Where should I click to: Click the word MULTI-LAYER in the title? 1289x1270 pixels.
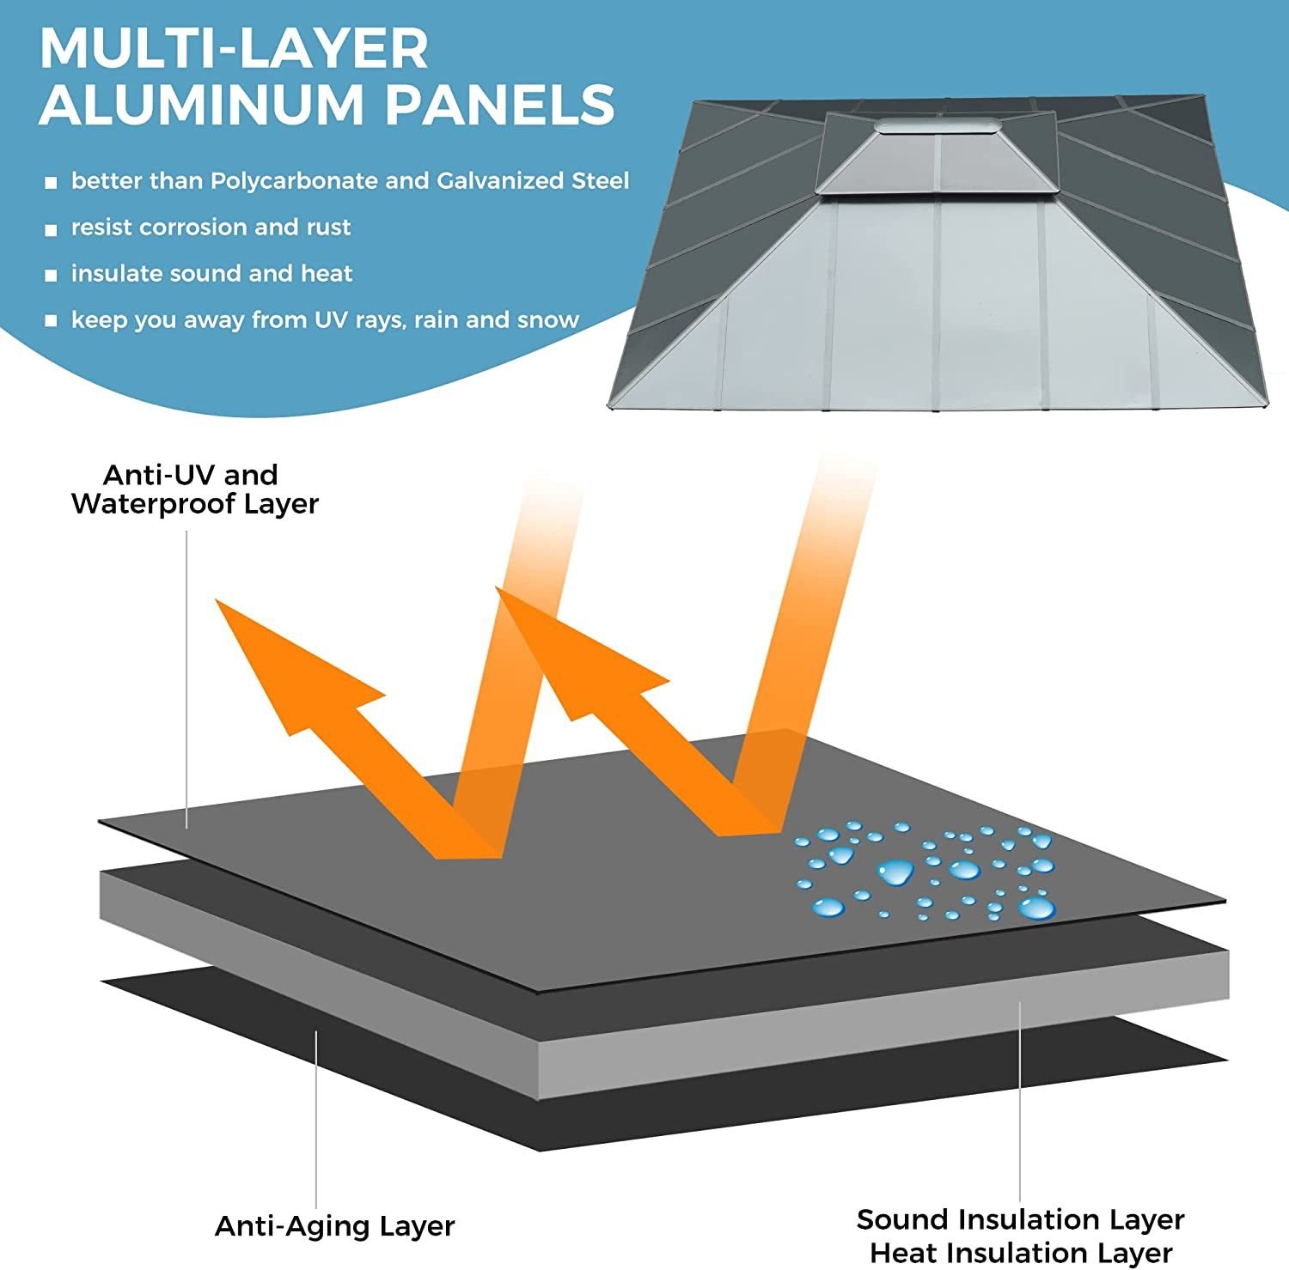[x=234, y=49]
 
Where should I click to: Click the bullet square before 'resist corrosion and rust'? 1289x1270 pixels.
[x=51, y=229]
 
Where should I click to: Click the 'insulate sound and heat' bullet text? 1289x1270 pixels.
[x=211, y=274]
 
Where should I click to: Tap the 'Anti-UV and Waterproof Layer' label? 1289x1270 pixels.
[x=194, y=489]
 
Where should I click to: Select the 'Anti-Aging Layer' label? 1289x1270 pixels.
[x=334, y=1225]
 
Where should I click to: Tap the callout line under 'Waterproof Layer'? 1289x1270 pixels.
[x=186, y=678]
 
